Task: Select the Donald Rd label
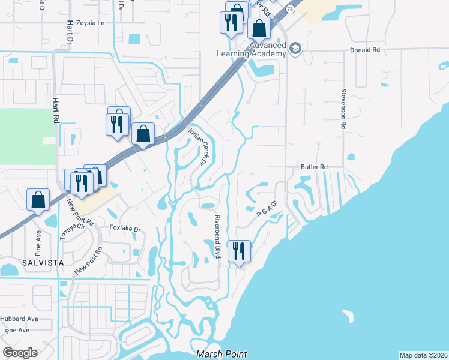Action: coord(365,50)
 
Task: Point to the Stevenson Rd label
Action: coord(344,109)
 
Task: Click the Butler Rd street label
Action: coord(315,167)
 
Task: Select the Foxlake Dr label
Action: coord(125,229)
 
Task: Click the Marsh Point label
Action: coord(221,355)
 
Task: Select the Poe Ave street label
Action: coord(17,330)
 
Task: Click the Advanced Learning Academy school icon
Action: coord(295,49)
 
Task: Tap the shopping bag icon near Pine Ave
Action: coord(38,200)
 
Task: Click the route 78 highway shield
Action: coord(291,10)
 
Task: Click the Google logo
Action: coord(20,353)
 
